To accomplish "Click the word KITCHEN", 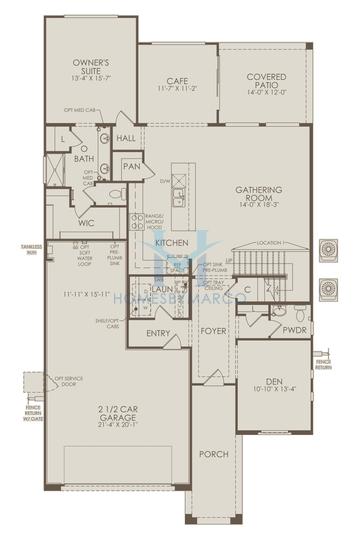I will [x=172, y=243].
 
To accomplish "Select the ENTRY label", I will [x=158, y=333].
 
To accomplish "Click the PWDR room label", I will [x=294, y=328].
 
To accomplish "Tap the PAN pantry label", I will [x=132, y=167].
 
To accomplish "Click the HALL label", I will [x=126, y=138].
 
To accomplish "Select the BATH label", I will [x=85, y=157].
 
